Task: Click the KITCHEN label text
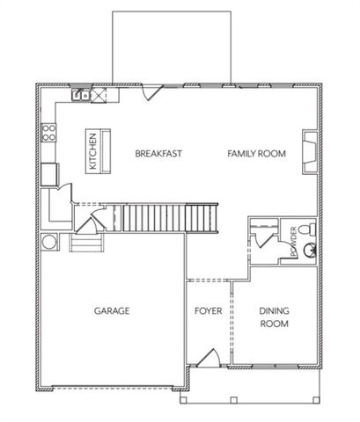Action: click(90, 151)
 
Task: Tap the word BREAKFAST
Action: click(158, 154)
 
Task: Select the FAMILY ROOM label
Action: click(257, 154)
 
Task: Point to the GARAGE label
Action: click(112, 311)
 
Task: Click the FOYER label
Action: click(208, 311)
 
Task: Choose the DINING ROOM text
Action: click(275, 317)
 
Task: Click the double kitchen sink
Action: click(78, 95)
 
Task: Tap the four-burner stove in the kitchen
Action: click(48, 135)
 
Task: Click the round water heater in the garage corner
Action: click(48, 241)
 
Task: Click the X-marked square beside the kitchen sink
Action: click(91, 94)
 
